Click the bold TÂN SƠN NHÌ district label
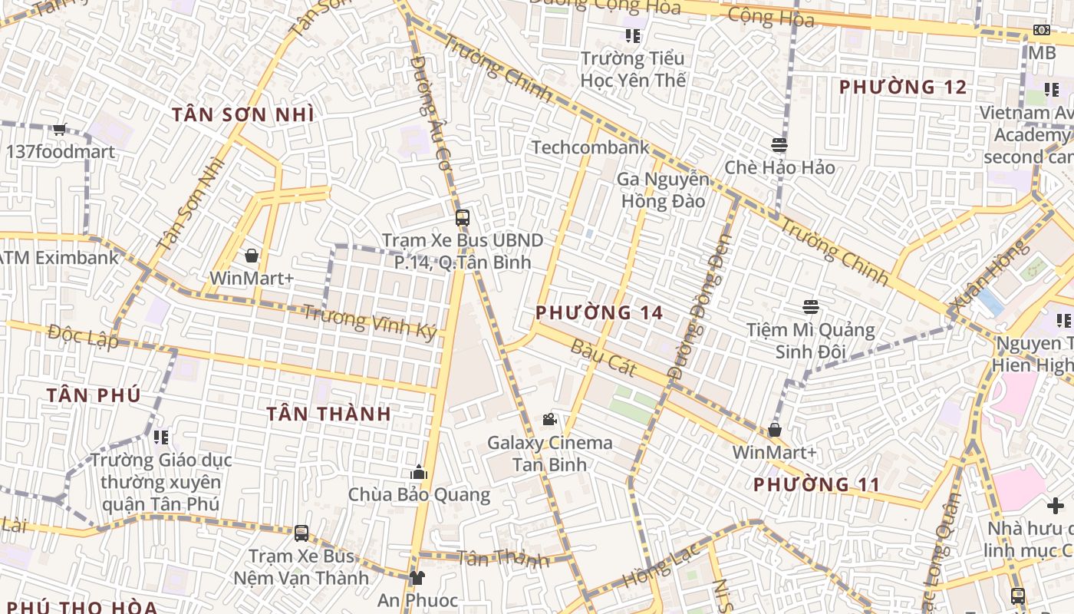242,114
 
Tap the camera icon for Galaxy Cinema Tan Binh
549,419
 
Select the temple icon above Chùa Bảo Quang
419,471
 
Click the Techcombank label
590,147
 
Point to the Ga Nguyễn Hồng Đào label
664,190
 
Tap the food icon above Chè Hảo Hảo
779,145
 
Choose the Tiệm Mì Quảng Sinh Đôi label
811,341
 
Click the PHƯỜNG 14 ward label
599,313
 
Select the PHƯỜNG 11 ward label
815,485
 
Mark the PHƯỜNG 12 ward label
903,87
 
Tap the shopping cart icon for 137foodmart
59,130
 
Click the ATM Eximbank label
60,257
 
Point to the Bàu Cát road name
604,357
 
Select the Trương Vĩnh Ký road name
369,322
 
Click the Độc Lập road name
83,335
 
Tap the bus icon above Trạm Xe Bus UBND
462,217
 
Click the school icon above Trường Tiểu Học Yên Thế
633,35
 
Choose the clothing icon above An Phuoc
417,577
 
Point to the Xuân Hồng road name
988,278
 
